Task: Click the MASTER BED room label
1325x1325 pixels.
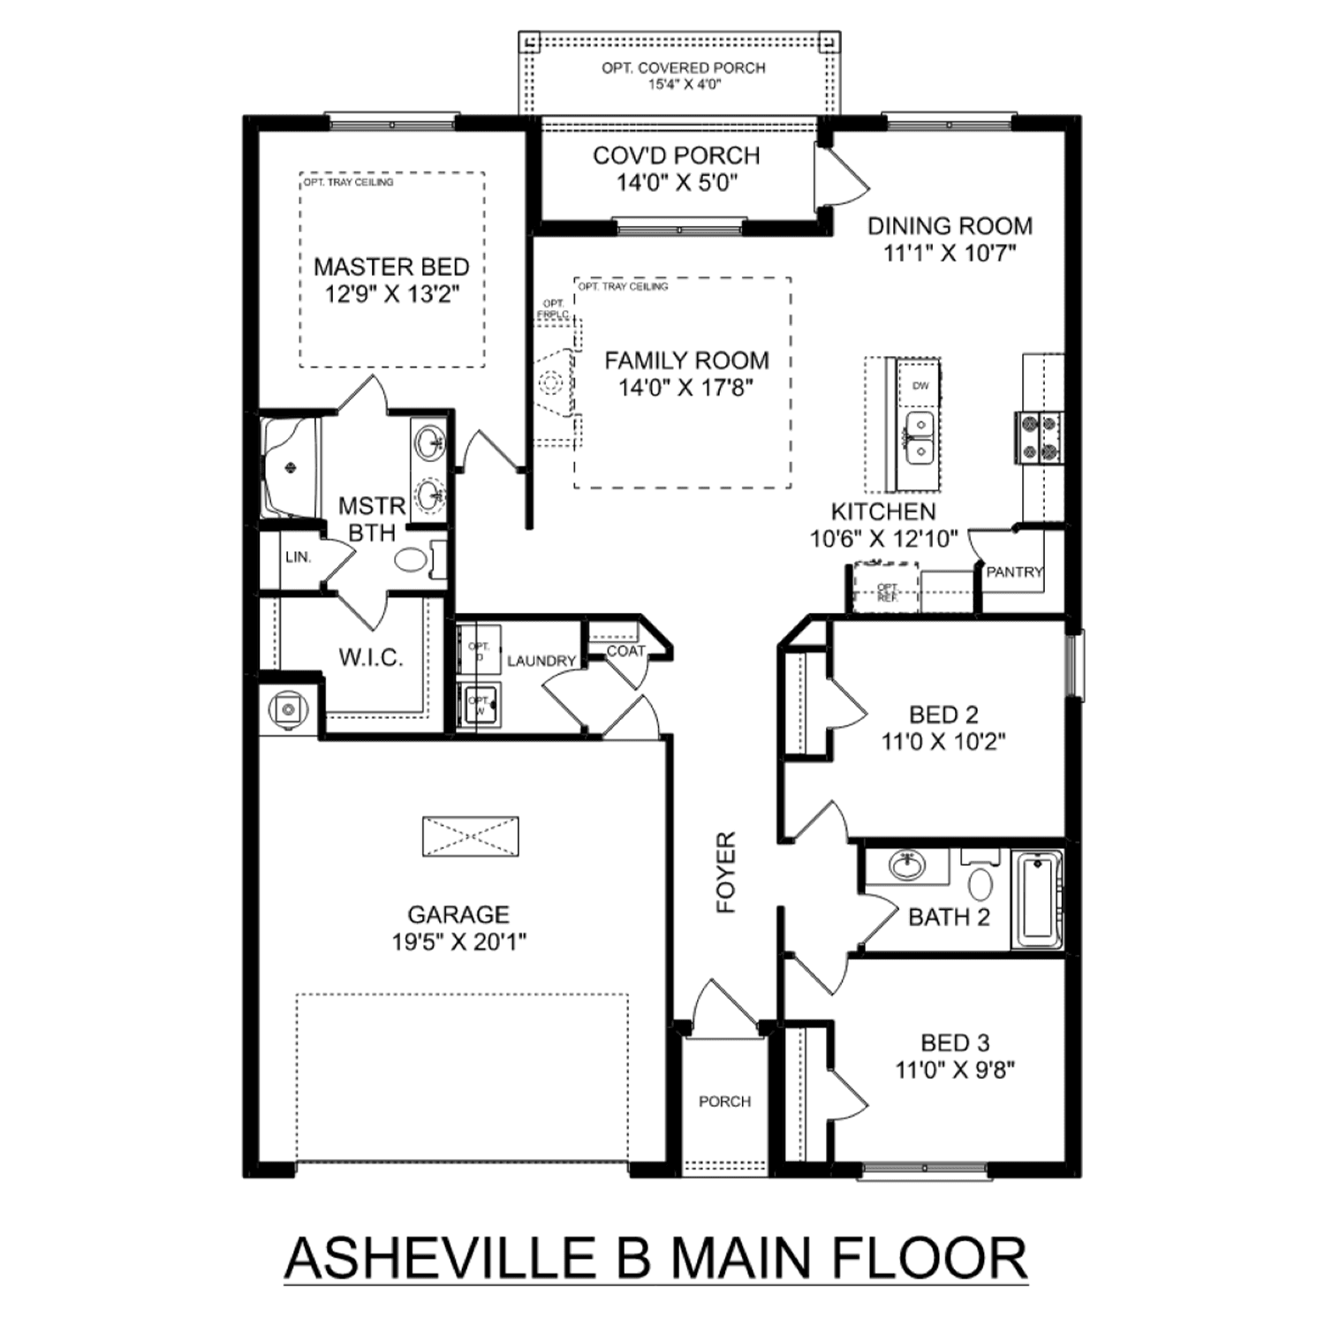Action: pyautogui.click(x=391, y=267)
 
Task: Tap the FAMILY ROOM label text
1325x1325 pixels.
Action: pyautogui.click(x=686, y=360)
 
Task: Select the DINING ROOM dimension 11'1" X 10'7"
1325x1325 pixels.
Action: pyautogui.click(x=950, y=254)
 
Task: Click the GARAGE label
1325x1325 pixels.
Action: pyautogui.click(x=458, y=914)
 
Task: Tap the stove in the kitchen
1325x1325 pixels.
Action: pyautogui.click(x=1039, y=438)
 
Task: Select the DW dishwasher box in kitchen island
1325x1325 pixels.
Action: pyautogui.click(x=920, y=386)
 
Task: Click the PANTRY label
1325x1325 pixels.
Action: pyautogui.click(x=1014, y=572)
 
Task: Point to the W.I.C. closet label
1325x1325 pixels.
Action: pyautogui.click(x=371, y=657)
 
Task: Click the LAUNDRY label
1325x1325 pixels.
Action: pyautogui.click(x=541, y=661)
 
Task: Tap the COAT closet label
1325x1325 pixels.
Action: pyautogui.click(x=625, y=651)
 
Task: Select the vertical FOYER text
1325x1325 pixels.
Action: pyautogui.click(x=726, y=872)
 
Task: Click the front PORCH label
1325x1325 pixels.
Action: pyautogui.click(x=724, y=1102)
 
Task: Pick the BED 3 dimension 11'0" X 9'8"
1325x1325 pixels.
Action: pyautogui.click(x=955, y=1071)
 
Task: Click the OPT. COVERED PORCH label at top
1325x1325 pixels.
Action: pyautogui.click(x=684, y=68)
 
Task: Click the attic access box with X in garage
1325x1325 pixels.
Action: pyautogui.click(x=470, y=836)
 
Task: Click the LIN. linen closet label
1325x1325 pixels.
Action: pyautogui.click(x=298, y=557)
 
